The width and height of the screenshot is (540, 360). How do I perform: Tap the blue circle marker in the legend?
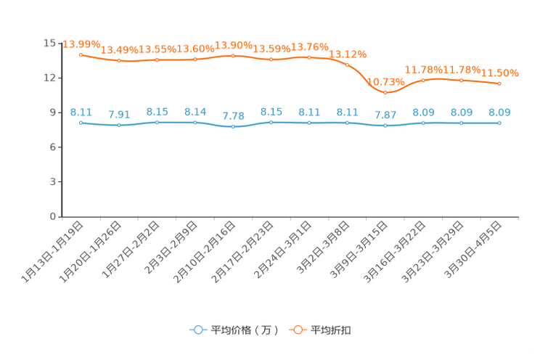pos(198,330)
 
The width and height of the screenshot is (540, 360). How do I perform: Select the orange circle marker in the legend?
pos(298,330)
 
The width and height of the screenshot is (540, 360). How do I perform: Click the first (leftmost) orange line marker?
pos(81,54)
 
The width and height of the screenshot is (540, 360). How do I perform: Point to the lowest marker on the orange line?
pos(385,92)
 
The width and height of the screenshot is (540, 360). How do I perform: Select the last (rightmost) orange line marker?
pos(499,83)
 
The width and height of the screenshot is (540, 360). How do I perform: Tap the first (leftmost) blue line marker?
pos(81,123)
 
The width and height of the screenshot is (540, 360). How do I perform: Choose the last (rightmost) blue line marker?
pos(499,123)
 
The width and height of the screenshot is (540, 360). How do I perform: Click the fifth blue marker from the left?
pos(233,127)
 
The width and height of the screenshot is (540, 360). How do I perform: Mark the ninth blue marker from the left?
pos(385,126)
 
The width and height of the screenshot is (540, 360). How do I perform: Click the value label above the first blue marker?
pos(81,112)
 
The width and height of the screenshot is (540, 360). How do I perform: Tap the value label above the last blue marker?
pos(499,112)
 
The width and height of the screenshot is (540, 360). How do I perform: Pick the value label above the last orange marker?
pos(499,73)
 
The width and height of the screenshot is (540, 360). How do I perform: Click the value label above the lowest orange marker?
pos(385,81)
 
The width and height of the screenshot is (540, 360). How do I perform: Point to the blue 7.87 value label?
pos(385,115)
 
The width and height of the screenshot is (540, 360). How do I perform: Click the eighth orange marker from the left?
pos(347,65)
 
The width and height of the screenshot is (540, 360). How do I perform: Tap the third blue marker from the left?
pos(157,122)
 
